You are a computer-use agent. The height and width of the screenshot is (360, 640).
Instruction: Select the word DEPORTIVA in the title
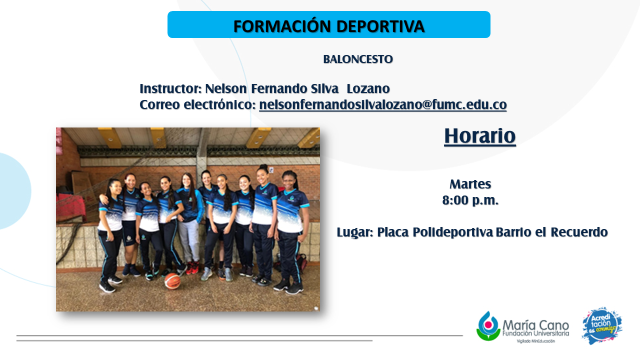click(x=380, y=26)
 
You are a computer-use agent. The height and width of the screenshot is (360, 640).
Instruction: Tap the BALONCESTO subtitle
click(x=358, y=59)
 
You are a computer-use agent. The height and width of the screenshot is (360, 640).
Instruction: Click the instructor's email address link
click(x=383, y=104)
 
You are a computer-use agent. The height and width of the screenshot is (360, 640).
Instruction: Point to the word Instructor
click(x=171, y=88)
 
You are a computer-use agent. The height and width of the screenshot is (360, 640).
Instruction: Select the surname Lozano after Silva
click(x=368, y=88)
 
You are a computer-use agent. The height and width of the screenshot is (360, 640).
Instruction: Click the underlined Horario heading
click(x=480, y=136)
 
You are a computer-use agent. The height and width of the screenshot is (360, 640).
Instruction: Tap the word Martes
click(x=470, y=184)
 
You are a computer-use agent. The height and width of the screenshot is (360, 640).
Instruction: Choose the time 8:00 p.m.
click(x=470, y=200)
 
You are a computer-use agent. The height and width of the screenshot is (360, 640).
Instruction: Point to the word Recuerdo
click(x=579, y=232)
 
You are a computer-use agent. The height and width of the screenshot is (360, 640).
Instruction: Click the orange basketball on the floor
click(x=172, y=281)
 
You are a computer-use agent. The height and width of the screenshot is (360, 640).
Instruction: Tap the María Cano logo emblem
click(x=488, y=326)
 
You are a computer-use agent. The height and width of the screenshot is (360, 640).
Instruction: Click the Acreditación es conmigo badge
click(x=602, y=325)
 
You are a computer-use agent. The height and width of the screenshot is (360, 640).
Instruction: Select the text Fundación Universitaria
click(x=535, y=333)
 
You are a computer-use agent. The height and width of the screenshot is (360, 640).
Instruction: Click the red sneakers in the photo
click(x=192, y=267)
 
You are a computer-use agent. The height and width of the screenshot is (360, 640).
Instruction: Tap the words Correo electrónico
click(x=197, y=104)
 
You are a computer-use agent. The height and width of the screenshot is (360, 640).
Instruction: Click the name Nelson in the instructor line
click(x=225, y=88)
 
